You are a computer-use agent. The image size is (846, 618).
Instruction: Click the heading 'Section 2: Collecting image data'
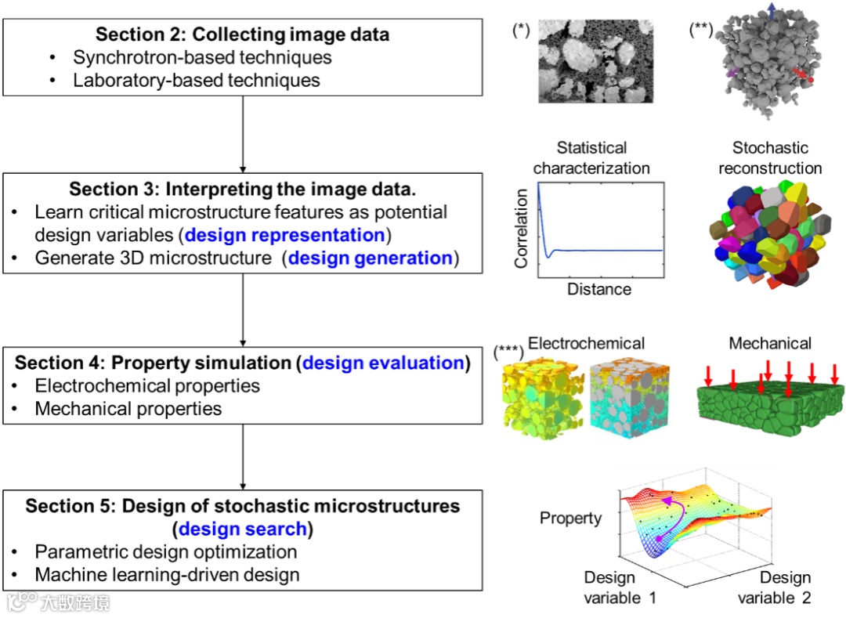pos(242,34)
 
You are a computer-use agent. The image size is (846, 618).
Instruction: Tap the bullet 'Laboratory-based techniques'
pos(197,80)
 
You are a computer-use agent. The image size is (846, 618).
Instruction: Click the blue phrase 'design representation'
pos(285,236)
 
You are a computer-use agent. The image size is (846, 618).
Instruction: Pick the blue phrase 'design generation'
pos(371,258)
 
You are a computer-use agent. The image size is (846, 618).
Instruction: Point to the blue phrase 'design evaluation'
pos(383,363)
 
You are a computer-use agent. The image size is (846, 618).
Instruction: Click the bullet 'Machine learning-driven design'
pos(167,574)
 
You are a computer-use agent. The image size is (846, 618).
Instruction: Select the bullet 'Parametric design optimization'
pos(165,551)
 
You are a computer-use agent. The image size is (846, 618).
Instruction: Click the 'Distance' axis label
pos(598,289)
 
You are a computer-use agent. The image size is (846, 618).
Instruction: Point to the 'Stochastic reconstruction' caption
pos(770,157)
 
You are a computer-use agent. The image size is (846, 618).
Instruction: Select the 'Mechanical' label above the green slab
pos(770,343)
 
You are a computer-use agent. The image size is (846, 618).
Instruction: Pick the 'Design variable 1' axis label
pos(620,587)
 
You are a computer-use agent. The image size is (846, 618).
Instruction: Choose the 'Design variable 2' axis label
pos(774,587)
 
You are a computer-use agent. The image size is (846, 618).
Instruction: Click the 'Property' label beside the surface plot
pos(570,518)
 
